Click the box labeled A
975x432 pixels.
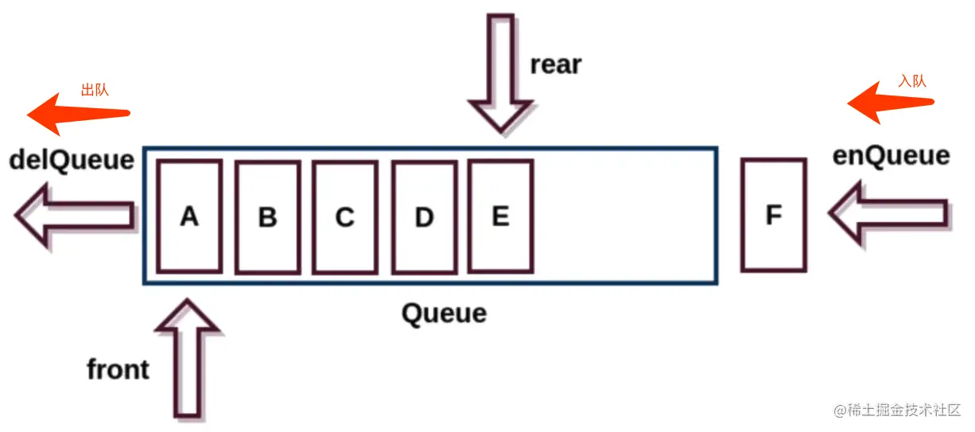click(x=188, y=216)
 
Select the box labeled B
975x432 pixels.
click(x=267, y=216)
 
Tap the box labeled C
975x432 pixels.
click(x=344, y=216)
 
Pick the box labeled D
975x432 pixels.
click(x=424, y=216)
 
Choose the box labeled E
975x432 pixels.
click(x=500, y=216)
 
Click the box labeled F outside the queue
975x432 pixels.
click(x=773, y=215)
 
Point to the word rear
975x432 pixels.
click(x=556, y=64)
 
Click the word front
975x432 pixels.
click(x=118, y=369)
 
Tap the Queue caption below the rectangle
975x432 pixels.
click(x=444, y=313)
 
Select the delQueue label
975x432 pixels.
click(x=72, y=160)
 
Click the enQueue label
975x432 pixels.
click(x=891, y=155)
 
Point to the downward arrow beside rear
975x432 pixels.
click(x=499, y=72)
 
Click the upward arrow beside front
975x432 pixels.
click(x=187, y=358)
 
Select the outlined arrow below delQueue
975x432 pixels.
click(x=73, y=215)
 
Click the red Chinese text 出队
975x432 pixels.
click(x=95, y=89)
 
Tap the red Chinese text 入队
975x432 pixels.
click(x=912, y=81)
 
